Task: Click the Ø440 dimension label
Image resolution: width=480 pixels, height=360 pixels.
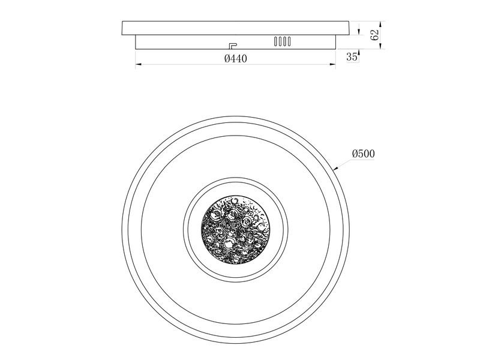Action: point(235,58)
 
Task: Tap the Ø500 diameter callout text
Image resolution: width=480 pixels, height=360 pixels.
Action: point(363,154)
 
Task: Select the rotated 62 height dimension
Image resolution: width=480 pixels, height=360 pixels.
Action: point(374,35)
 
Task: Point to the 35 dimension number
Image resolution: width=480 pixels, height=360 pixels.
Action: point(352,56)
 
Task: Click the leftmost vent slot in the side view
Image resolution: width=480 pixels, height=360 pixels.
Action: point(276,41)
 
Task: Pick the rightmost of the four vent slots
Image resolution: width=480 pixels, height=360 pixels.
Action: point(289,41)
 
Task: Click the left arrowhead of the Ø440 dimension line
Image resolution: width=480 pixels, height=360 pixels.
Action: point(138,64)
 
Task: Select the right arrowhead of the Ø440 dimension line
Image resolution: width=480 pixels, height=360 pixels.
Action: point(332,64)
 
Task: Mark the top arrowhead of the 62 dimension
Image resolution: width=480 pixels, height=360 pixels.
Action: point(380,24)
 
